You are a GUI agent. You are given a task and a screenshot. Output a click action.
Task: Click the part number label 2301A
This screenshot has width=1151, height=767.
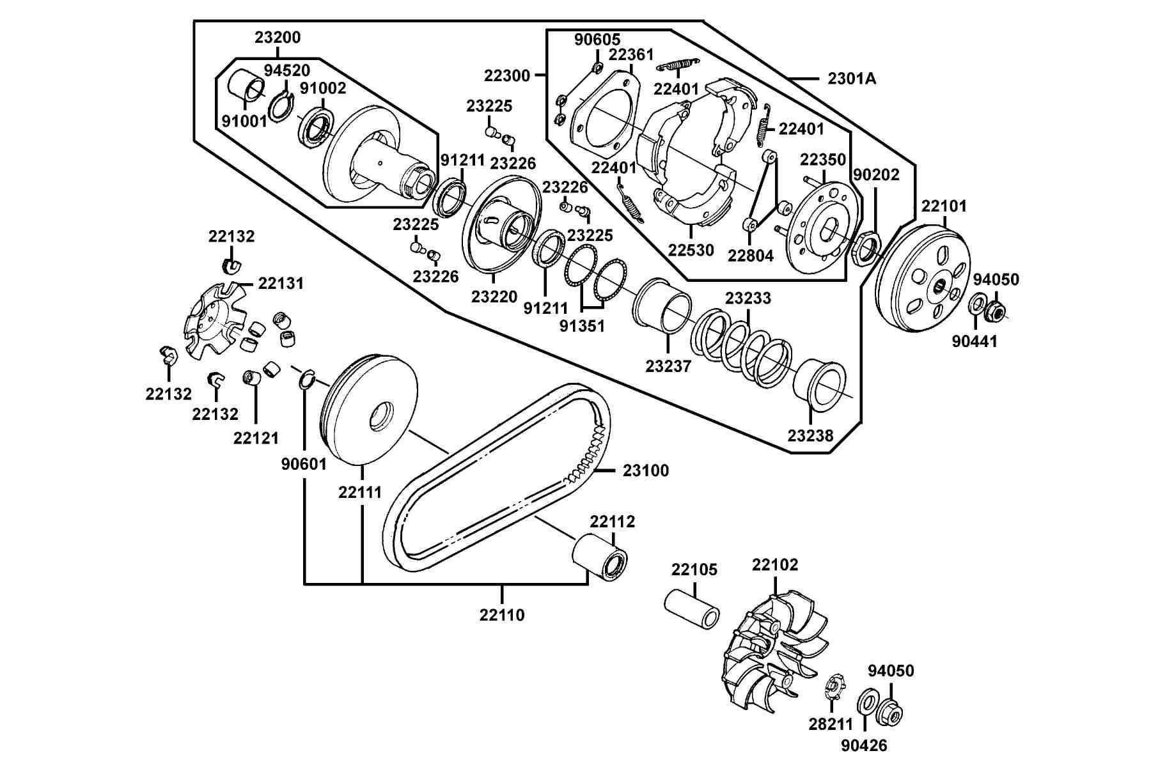pyautogui.click(x=852, y=79)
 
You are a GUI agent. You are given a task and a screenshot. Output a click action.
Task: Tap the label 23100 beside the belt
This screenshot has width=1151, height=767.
pyautogui.click(x=646, y=470)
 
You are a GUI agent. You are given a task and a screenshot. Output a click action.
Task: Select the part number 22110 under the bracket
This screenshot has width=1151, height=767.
pyautogui.click(x=502, y=615)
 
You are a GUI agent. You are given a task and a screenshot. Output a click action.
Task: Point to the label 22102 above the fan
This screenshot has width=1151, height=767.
pyautogui.click(x=775, y=565)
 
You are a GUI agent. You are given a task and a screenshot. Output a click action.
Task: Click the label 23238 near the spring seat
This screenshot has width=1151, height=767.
pyautogui.click(x=810, y=436)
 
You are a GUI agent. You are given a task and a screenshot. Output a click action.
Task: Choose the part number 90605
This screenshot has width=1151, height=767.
pyautogui.click(x=597, y=40)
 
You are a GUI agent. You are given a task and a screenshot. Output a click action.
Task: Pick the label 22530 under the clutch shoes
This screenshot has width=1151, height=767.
pyautogui.click(x=691, y=250)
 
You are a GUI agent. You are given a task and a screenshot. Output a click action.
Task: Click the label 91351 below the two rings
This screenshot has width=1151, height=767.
pyautogui.click(x=582, y=326)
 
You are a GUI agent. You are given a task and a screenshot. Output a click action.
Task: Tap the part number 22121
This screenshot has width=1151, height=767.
pyautogui.click(x=256, y=438)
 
